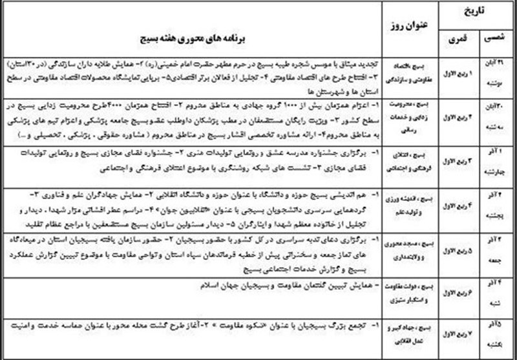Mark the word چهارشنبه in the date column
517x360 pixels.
(x=496, y=173)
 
